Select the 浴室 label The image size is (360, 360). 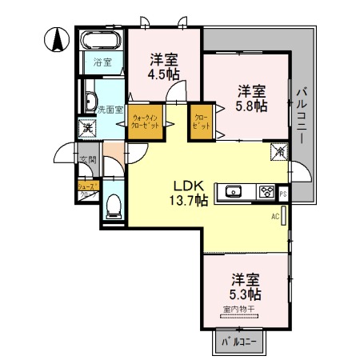click(102, 62)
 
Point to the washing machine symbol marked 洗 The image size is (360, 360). click(86, 127)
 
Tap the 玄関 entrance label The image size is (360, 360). click(86, 160)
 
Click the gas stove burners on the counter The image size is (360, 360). click(265, 191)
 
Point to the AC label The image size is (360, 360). click(274, 216)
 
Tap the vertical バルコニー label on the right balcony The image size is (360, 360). click(302, 116)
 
